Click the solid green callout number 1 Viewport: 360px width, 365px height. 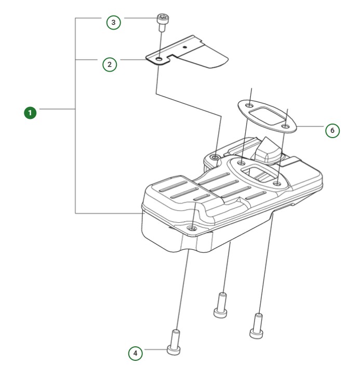click(x=31, y=112)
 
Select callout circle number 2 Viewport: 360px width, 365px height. click(x=109, y=64)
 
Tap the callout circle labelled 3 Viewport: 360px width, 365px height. click(x=113, y=22)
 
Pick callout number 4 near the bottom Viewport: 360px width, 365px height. click(x=136, y=353)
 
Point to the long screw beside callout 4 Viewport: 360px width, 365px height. click(x=175, y=343)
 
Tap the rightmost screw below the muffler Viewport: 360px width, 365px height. click(x=255, y=326)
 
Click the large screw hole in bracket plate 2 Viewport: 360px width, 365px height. click(x=159, y=60)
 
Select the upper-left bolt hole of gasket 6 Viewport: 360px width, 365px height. click(x=250, y=106)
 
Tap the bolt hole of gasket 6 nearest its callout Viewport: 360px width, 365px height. click(x=285, y=125)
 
